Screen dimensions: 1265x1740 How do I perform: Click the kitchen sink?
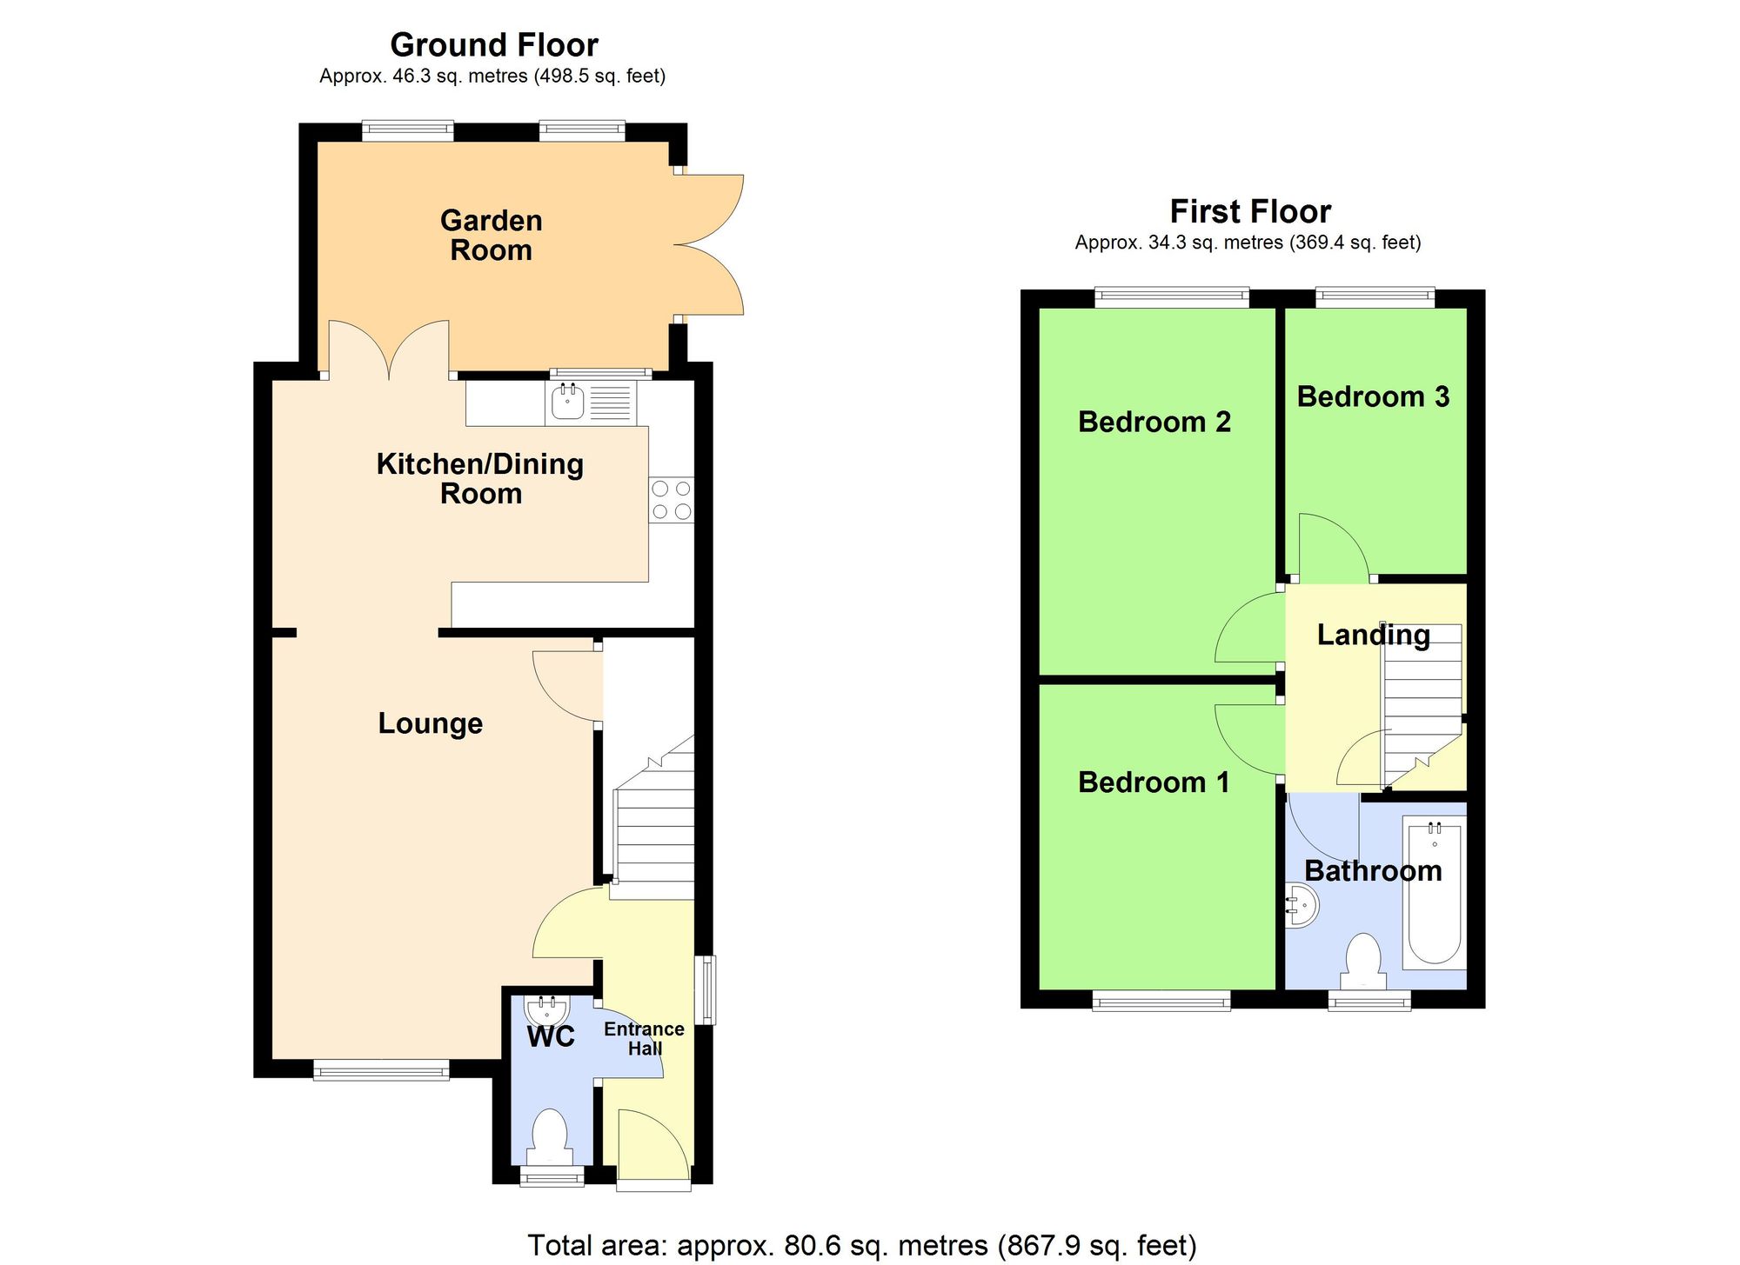pyautogui.click(x=568, y=403)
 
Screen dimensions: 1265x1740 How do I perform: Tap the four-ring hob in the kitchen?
pyautogui.click(x=671, y=500)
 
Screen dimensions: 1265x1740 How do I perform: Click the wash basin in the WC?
pyautogui.click(x=547, y=1012)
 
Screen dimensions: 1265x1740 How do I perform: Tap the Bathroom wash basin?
pyautogui.click(x=1302, y=906)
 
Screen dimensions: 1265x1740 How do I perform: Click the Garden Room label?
pyautogui.click(x=492, y=236)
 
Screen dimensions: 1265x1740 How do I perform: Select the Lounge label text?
pyautogui.click(x=430, y=723)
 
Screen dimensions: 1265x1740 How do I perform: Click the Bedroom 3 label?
pyautogui.click(x=1373, y=396)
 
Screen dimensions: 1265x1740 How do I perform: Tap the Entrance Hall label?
pyautogui.click(x=644, y=1038)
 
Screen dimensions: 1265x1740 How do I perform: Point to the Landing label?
pyautogui.click(x=1373, y=635)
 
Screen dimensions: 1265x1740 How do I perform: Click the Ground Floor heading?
pyautogui.click(x=493, y=44)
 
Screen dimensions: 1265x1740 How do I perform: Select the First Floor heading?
pyautogui.click(x=1249, y=211)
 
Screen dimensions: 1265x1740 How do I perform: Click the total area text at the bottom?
pyautogui.click(x=861, y=1245)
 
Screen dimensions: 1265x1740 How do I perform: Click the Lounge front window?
pyautogui.click(x=381, y=1070)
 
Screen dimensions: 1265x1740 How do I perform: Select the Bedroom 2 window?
pyautogui.click(x=1171, y=297)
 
